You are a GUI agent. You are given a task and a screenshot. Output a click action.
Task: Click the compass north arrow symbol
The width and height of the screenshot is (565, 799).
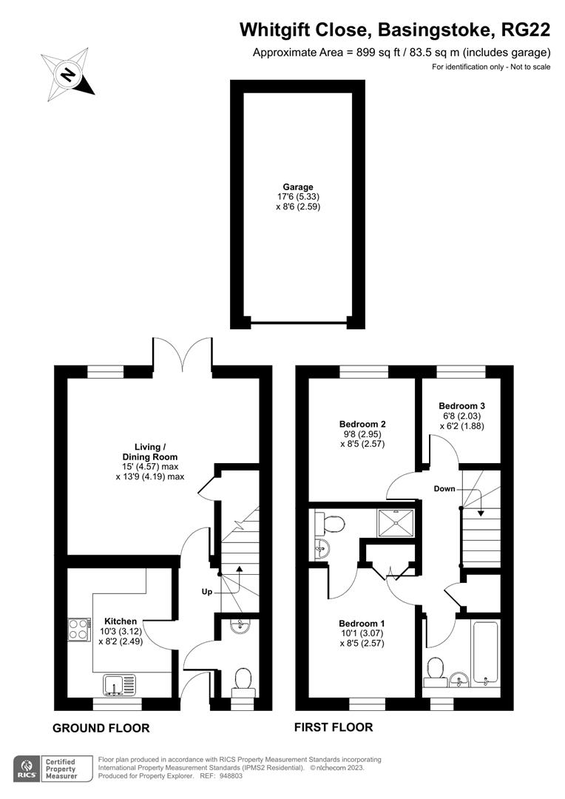point(68,74)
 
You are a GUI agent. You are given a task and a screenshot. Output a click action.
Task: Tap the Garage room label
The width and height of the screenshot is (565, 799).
point(297,187)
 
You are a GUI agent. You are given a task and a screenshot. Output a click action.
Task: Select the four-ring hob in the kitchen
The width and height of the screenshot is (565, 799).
point(78,629)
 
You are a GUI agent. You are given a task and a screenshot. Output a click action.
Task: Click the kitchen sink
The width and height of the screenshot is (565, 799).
point(118,684)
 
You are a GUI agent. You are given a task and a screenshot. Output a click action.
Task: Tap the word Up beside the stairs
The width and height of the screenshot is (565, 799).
point(209,593)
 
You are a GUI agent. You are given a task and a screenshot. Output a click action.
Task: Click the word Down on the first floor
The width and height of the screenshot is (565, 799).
point(444,489)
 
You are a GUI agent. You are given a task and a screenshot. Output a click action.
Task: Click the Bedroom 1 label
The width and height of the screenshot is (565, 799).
point(362,623)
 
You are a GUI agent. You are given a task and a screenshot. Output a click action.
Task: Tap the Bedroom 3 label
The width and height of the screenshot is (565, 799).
point(461,405)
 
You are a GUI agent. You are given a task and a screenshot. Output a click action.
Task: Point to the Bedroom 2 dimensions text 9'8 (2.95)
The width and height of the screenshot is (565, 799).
point(362,434)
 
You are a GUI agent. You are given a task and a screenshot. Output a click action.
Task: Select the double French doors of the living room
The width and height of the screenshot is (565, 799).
point(183,351)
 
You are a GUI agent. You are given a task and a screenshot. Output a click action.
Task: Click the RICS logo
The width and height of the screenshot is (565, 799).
point(27,768)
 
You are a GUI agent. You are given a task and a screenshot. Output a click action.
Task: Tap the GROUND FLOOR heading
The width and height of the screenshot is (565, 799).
point(101,728)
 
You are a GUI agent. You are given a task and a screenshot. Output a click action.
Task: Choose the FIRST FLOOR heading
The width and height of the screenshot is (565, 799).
point(334,727)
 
